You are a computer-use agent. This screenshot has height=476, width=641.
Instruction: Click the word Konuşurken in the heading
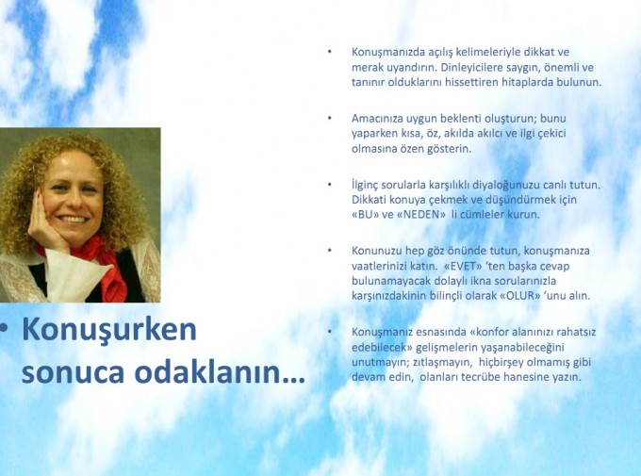pyautogui.click(x=109, y=330)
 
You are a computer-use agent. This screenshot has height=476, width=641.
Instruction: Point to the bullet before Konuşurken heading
pyautogui.click(x=4, y=328)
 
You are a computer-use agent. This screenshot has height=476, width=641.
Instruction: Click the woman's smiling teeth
pyautogui.click(x=74, y=220)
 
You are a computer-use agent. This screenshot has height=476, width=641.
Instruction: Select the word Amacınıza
pyautogui.click(x=377, y=119)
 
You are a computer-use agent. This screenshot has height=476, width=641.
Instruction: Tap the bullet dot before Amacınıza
pyautogui.click(x=330, y=118)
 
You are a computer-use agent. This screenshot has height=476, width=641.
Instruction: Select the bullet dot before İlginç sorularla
pyautogui.click(x=330, y=185)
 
